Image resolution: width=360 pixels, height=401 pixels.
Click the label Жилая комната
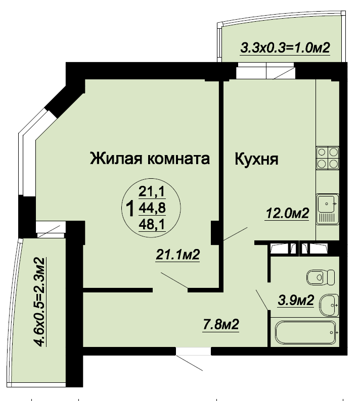tap(150, 159)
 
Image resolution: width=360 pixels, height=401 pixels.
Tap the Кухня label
tap(256, 159)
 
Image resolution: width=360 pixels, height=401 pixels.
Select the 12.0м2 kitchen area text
tap(288, 213)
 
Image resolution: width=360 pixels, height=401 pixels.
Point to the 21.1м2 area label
tap(177, 255)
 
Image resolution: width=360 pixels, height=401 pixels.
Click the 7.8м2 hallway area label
tap(221, 325)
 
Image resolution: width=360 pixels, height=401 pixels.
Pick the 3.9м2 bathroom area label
tap(296, 300)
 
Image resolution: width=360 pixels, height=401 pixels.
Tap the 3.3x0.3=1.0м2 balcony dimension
tap(285, 48)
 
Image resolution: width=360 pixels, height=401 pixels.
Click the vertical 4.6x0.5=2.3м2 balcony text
tap(40, 302)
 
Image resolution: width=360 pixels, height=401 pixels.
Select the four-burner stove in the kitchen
tap(328, 158)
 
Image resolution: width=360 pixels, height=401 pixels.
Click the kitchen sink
tap(328, 209)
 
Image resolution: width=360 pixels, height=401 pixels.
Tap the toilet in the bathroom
tap(321, 277)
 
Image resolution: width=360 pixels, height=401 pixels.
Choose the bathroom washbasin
tap(329, 305)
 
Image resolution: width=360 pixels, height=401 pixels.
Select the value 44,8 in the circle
tap(152, 208)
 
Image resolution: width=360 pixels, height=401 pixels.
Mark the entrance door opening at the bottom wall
tap(193, 351)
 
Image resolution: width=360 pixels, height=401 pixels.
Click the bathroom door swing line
tap(262, 299)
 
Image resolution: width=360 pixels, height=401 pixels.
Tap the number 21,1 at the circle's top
tap(152, 191)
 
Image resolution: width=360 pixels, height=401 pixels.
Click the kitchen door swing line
tap(235, 233)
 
